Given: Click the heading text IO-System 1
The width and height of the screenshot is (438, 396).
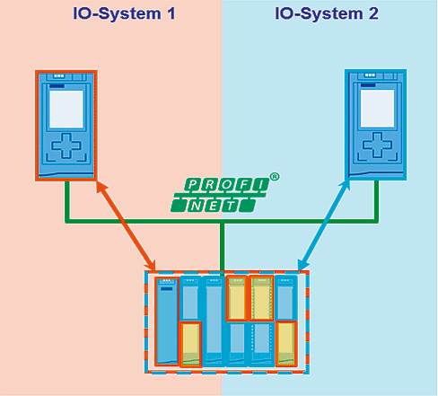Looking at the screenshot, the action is (x=124, y=14).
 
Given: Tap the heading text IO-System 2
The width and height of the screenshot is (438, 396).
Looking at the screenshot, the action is (x=327, y=14).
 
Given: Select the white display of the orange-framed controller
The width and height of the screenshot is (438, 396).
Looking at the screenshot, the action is (x=66, y=110).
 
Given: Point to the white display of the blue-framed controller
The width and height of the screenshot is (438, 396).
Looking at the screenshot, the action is (x=377, y=109).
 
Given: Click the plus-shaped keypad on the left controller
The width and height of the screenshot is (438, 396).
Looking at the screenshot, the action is (x=66, y=145).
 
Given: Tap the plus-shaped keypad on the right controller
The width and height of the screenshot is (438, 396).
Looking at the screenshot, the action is (x=377, y=145).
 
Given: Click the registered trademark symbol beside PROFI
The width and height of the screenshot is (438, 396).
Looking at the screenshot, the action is (x=275, y=177).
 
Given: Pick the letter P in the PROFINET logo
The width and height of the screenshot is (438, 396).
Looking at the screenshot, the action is (x=193, y=185).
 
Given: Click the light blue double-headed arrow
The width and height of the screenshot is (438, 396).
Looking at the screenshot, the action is (x=324, y=225).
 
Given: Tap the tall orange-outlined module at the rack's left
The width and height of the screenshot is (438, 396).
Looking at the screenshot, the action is (x=167, y=321).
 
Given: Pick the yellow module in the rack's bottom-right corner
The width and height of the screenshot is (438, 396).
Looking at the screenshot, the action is (x=286, y=344).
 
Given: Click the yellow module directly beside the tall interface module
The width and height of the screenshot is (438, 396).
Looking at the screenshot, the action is (x=190, y=345).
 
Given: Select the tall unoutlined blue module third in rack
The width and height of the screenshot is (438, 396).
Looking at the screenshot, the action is (x=214, y=321).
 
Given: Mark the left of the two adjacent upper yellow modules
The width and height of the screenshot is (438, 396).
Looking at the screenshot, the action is (x=237, y=298).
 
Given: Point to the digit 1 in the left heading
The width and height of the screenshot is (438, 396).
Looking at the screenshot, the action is (x=171, y=14).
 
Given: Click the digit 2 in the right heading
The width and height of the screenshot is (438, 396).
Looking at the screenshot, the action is (x=373, y=14).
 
